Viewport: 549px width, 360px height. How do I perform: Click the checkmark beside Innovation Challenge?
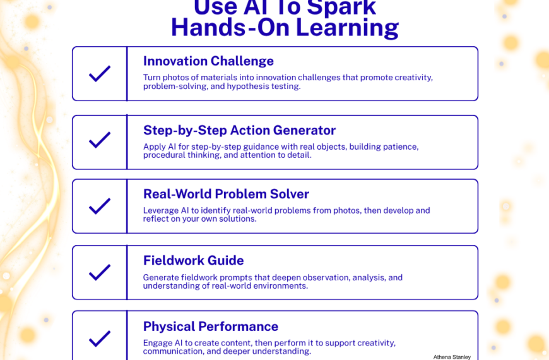pyautogui.click(x=100, y=74)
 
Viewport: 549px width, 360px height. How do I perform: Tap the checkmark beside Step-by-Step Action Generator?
pyautogui.click(x=100, y=140)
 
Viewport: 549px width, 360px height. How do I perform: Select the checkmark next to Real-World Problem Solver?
pyautogui.click(x=100, y=207)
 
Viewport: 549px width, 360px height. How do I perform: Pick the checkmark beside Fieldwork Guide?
pyautogui.click(x=100, y=273)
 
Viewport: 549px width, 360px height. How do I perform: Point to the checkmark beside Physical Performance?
pyautogui.click(x=100, y=339)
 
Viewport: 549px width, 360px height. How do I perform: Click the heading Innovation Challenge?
pyautogui.click(x=208, y=61)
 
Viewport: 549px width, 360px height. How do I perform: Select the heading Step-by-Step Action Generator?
pyautogui.click(x=239, y=131)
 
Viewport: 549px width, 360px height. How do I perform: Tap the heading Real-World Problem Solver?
pyautogui.click(x=226, y=194)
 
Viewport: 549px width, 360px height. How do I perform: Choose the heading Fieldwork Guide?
pyautogui.click(x=193, y=260)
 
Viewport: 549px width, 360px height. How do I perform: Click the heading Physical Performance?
pyautogui.click(x=210, y=327)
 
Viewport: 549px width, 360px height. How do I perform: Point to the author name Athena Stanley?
pyautogui.click(x=452, y=357)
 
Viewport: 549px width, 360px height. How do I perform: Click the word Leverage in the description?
pyautogui.click(x=161, y=210)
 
